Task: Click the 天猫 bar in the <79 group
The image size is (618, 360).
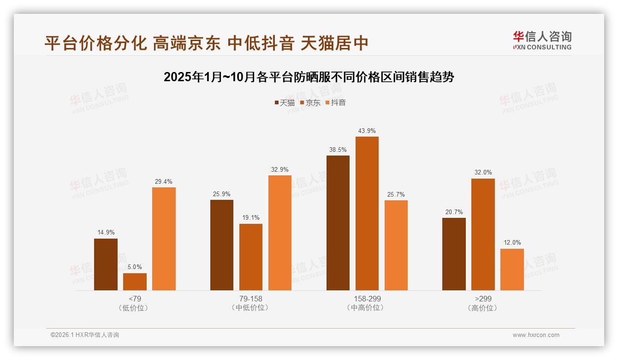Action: [106, 264]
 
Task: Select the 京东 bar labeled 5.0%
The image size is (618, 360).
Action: [135, 282]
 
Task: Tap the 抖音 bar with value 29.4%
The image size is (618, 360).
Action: [164, 239]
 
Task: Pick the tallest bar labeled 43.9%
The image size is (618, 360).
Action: [367, 213]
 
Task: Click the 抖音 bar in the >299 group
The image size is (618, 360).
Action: [512, 270]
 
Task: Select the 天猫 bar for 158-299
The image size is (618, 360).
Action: [338, 223]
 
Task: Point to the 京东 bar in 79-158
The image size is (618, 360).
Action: [251, 257]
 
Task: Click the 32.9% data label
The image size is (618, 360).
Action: [280, 169]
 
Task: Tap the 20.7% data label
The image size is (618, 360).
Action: [454, 212]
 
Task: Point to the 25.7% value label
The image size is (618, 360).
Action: [396, 194]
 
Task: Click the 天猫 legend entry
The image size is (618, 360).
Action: [285, 102]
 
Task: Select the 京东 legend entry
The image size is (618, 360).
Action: [310, 102]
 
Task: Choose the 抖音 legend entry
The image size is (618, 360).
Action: [335, 102]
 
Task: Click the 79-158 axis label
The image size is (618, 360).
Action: [250, 299]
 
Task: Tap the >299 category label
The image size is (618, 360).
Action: [483, 299]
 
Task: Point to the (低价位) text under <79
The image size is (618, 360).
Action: [135, 308]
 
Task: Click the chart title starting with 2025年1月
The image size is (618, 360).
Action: [309, 77]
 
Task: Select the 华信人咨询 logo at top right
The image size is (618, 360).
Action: [542, 40]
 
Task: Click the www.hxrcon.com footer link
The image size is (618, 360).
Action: [536, 335]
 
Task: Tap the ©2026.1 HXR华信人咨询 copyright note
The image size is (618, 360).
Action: [85, 335]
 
